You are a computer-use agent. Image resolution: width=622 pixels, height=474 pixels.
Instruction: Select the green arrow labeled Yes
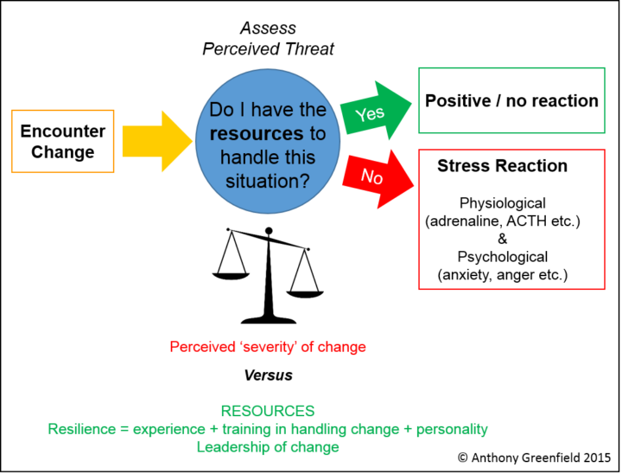pos(374,112)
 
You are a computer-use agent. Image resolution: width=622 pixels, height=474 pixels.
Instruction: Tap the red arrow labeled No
pos(376,177)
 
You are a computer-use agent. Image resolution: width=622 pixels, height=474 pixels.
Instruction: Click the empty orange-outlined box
pos(62,141)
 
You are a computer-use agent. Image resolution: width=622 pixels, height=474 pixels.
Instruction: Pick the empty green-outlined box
pos(511,100)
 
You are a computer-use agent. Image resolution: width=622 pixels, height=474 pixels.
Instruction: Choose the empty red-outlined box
pos(511,219)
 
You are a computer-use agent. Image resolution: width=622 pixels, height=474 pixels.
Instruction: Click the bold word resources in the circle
pos(257,134)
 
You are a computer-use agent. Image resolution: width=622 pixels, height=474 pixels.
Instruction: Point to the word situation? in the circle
pos(268,182)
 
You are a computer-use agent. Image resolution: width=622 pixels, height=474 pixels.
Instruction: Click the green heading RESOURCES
pos(267,411)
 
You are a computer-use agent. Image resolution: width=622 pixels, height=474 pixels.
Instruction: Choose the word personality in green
pos(452,429)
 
